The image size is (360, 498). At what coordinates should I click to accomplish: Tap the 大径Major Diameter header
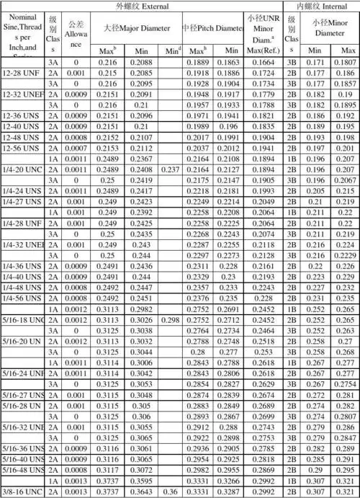point(136,28)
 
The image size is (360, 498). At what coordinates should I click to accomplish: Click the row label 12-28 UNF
point(22,74)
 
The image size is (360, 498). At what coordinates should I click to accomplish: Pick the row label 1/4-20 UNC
point(22,169)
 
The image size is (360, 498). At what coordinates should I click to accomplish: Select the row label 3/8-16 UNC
point(22,492)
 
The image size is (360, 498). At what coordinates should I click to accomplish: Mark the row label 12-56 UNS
point(22,148)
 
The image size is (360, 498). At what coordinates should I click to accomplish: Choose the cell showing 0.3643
point(140,492)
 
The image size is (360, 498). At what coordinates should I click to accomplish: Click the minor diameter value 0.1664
point(264,63)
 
